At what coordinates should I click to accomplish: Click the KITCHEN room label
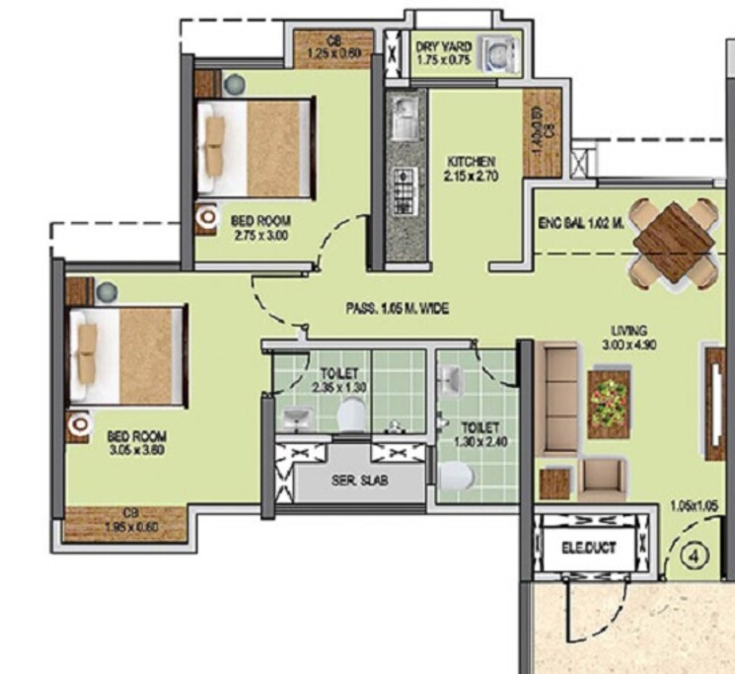point(470,161)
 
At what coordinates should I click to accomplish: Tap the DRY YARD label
point(439,45)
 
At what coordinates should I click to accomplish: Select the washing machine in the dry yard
point(498,53)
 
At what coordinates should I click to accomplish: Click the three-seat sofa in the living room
point(559,396)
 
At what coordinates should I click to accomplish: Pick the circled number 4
point(697,556)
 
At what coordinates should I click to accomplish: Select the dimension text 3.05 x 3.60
point(136,449)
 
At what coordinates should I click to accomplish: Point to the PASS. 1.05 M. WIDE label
point(398,309)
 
